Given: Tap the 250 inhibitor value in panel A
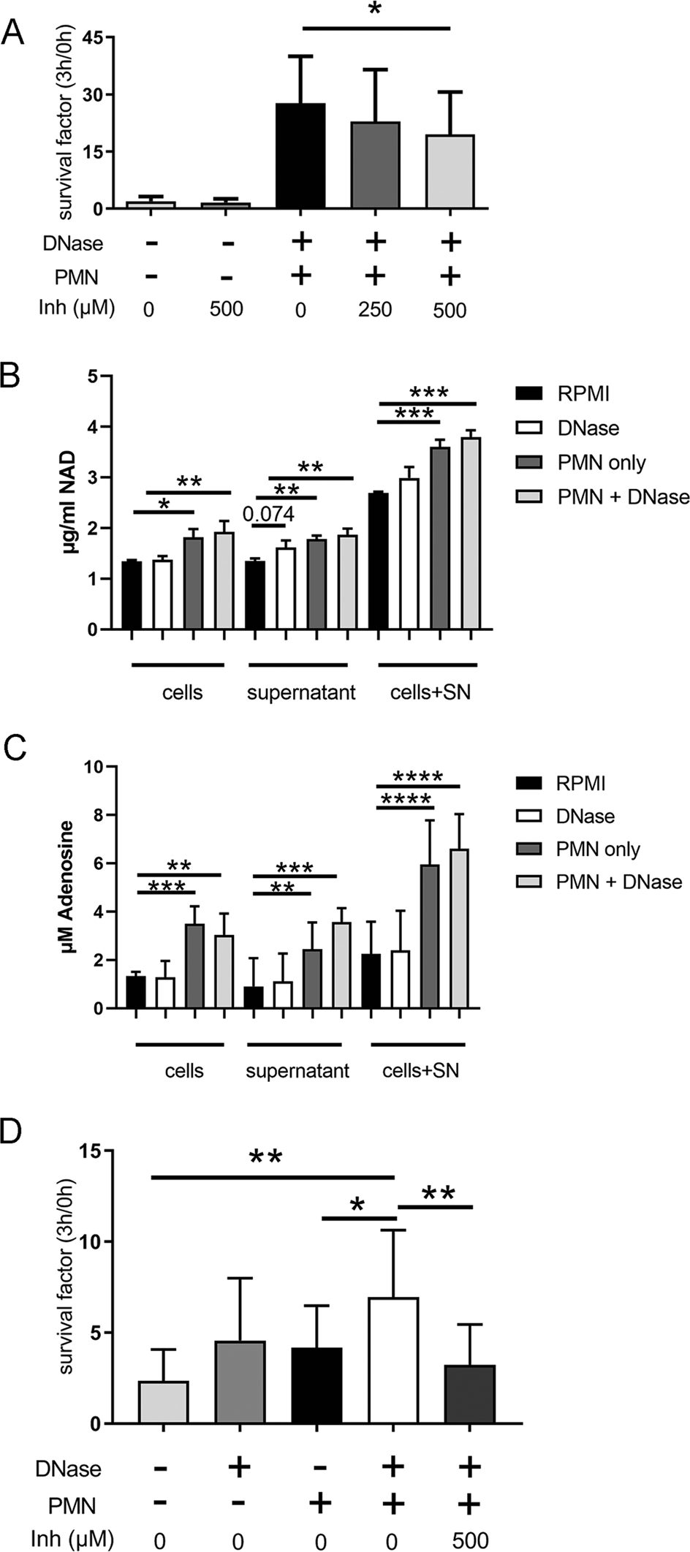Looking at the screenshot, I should click(374, 309).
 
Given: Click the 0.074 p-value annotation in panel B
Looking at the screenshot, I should click(268, 515).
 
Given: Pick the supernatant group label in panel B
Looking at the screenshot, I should click(300, 692).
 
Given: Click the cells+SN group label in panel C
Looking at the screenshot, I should click(421, 1071).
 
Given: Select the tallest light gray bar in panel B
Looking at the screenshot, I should click(471, 533).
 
